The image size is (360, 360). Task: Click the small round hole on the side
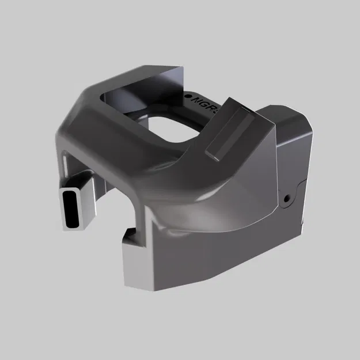click(x=286, y=199)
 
